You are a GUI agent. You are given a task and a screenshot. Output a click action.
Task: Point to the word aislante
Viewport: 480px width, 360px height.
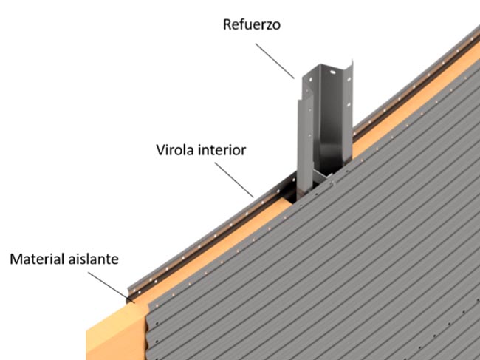(95, 259)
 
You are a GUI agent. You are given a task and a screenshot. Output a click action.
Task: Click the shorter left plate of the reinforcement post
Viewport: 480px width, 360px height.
(300, 140)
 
